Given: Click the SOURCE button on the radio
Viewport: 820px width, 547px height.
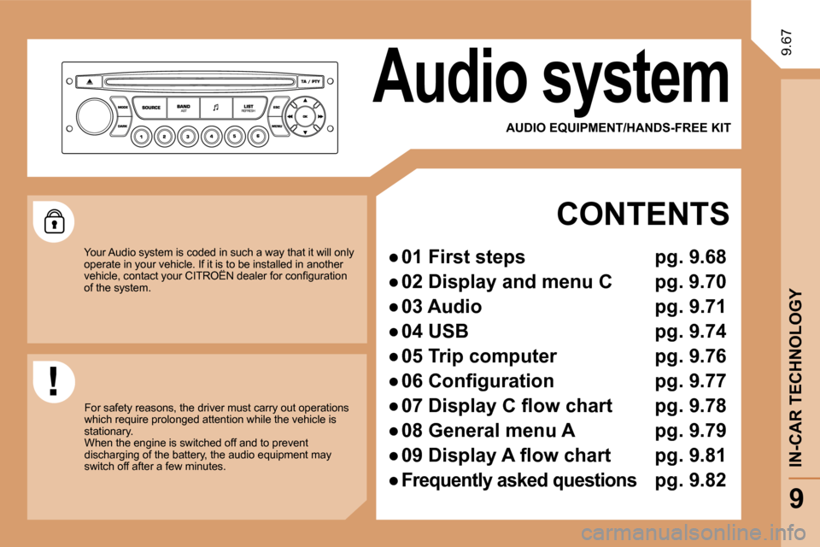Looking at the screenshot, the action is tap(150, 108).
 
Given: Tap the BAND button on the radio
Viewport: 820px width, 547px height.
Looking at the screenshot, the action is tap(183, 108).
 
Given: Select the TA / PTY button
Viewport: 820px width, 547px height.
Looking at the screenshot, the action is tap(311, 82).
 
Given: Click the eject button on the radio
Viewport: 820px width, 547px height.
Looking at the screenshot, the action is tap(90, 82).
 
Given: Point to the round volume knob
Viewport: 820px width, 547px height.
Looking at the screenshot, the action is tap(95, 115).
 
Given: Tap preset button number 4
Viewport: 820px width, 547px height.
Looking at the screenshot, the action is tap(211, 137).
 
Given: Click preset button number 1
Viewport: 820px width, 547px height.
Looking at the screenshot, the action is tap(141, 137).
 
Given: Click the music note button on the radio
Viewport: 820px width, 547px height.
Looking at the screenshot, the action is tap(215, 108).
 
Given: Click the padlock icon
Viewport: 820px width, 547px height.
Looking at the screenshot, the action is tap(55, 221).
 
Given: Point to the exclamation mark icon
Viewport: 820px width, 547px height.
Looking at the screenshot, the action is tap(53, 381).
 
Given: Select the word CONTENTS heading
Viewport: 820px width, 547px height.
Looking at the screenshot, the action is tap(642, 214).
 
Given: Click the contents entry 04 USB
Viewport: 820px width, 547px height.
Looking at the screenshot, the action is tap(435, 332).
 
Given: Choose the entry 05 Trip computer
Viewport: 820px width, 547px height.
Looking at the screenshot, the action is tap(479, 356).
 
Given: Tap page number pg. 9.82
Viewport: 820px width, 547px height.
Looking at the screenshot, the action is tap(690, 480).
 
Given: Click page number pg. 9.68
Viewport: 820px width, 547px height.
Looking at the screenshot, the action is tap(690, 257).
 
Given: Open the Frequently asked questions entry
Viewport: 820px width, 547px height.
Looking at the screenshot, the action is tap(518, 480).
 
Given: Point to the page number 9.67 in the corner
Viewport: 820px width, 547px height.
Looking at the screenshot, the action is tap(786, 43).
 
